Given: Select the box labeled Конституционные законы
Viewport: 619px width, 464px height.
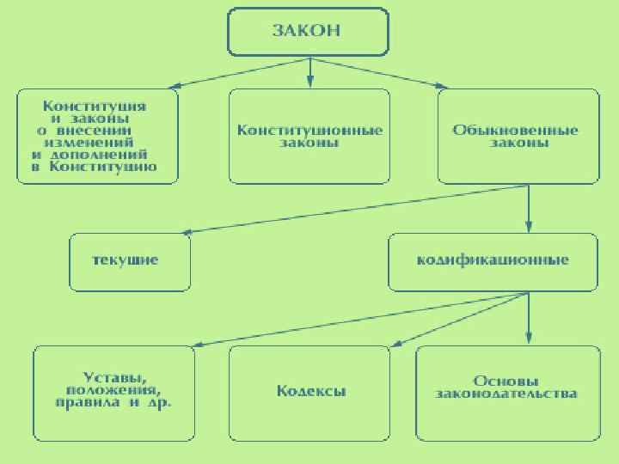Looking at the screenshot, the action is (x=309, y=136).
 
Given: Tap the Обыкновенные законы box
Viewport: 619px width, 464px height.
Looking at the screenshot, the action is (x=518, y=136).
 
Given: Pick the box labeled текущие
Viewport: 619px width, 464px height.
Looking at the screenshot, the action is (x=129, y=260).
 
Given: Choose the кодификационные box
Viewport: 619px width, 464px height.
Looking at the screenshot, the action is (x=493, y=260).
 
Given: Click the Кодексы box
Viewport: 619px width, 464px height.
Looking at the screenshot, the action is (x=311, y=391).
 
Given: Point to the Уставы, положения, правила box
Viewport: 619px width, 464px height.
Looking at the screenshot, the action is (x=114, y=391).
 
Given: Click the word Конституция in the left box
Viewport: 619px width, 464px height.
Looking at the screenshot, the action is (x=96, y=106).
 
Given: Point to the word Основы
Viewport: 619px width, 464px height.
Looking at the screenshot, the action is (x=506, y=380).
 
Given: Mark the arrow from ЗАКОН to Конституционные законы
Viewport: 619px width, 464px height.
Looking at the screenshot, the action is (x=309, y=73).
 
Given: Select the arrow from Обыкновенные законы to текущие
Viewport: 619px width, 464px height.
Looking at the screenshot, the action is (x=352, y=209).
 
